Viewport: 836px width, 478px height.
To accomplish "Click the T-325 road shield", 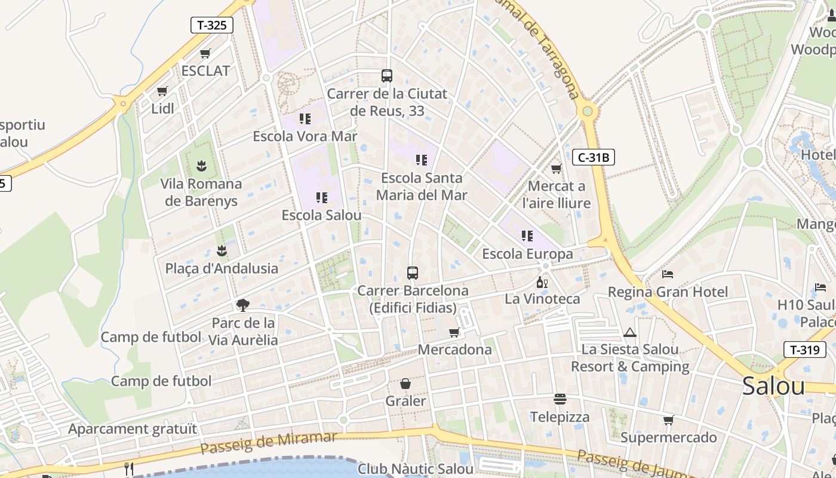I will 211,25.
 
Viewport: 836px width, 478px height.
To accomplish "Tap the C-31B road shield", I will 593,157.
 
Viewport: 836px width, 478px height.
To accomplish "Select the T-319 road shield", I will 804,350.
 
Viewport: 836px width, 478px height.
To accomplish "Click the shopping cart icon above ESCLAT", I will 205,53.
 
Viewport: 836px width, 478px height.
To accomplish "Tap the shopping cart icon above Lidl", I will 162,91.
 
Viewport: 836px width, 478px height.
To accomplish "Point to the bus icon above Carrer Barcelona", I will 413,273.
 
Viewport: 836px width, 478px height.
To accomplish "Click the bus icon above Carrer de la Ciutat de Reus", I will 387,76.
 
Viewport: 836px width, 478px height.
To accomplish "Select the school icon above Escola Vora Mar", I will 305,118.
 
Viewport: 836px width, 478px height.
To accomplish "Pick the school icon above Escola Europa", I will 527,236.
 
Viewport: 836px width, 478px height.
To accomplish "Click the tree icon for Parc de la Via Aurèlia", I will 242,305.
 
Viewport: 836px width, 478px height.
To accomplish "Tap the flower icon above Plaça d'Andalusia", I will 222,250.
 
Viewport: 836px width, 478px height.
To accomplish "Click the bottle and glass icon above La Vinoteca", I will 542,282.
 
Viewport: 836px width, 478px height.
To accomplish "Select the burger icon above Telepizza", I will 560,399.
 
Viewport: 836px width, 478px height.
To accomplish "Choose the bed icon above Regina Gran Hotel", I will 668,274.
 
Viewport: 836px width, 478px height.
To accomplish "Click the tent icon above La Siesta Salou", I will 630,332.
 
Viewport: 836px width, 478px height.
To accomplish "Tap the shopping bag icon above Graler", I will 405,384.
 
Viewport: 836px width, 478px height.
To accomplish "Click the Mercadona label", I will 455,350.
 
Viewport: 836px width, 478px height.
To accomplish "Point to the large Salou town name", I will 774,386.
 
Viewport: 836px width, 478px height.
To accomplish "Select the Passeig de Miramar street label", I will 269,442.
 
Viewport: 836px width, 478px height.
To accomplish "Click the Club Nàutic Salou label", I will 416,469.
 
